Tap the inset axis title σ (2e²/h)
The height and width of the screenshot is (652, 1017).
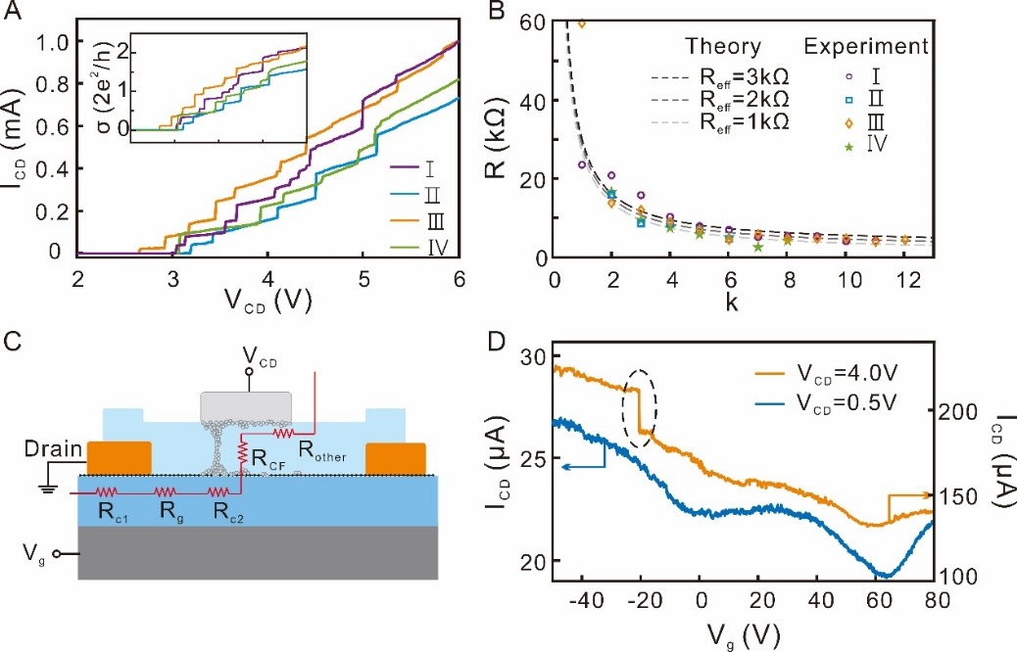point(111,85)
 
